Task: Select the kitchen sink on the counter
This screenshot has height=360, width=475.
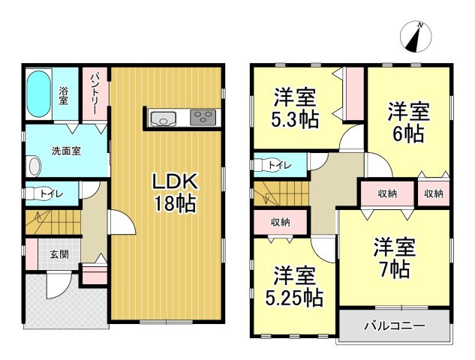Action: tap(162, 118)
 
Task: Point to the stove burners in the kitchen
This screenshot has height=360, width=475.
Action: tap(202, 118)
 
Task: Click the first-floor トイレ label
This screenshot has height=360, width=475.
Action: tap(51, 194)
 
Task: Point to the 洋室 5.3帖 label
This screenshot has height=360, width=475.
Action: tap(294, 107)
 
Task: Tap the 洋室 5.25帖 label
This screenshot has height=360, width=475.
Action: tap(293, 286)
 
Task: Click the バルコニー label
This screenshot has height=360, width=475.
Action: tap(395, 326)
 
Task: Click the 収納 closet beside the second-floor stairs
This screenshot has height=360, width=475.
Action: tap(280, 222)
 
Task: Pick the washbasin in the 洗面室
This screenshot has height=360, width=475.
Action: tap(33, 165)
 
